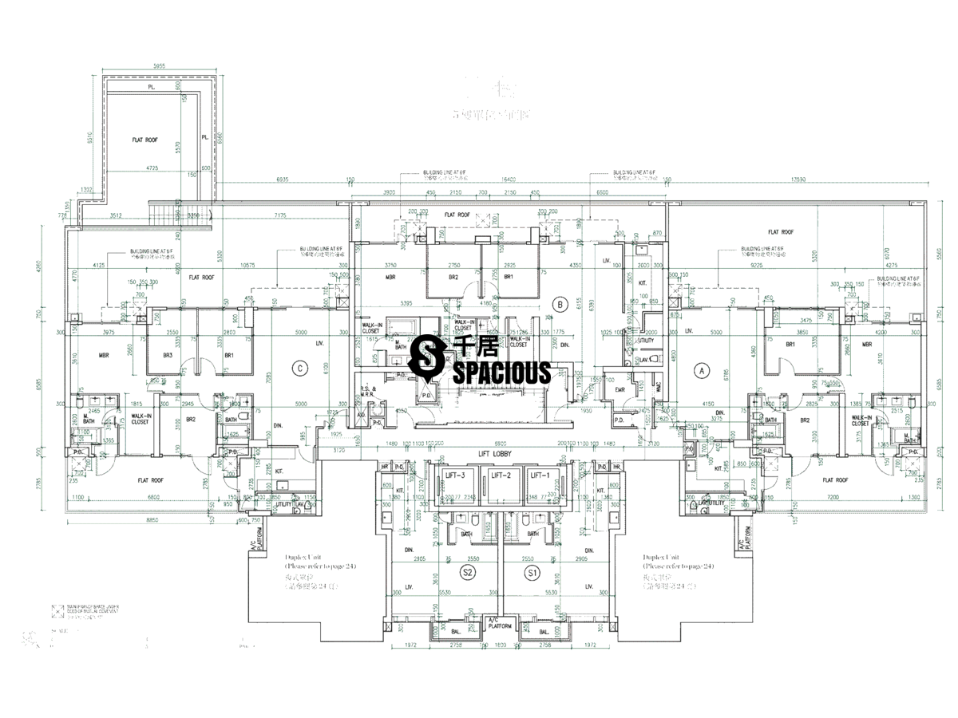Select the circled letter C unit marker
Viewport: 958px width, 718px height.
[x=299, y=368]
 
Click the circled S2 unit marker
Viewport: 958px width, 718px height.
[x=469, y=573]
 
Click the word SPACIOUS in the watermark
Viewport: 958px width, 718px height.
[x=504, y=373]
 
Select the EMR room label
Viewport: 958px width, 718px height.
[x=620, y=389]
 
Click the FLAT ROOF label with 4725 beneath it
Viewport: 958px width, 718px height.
[x=145, y=140]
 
